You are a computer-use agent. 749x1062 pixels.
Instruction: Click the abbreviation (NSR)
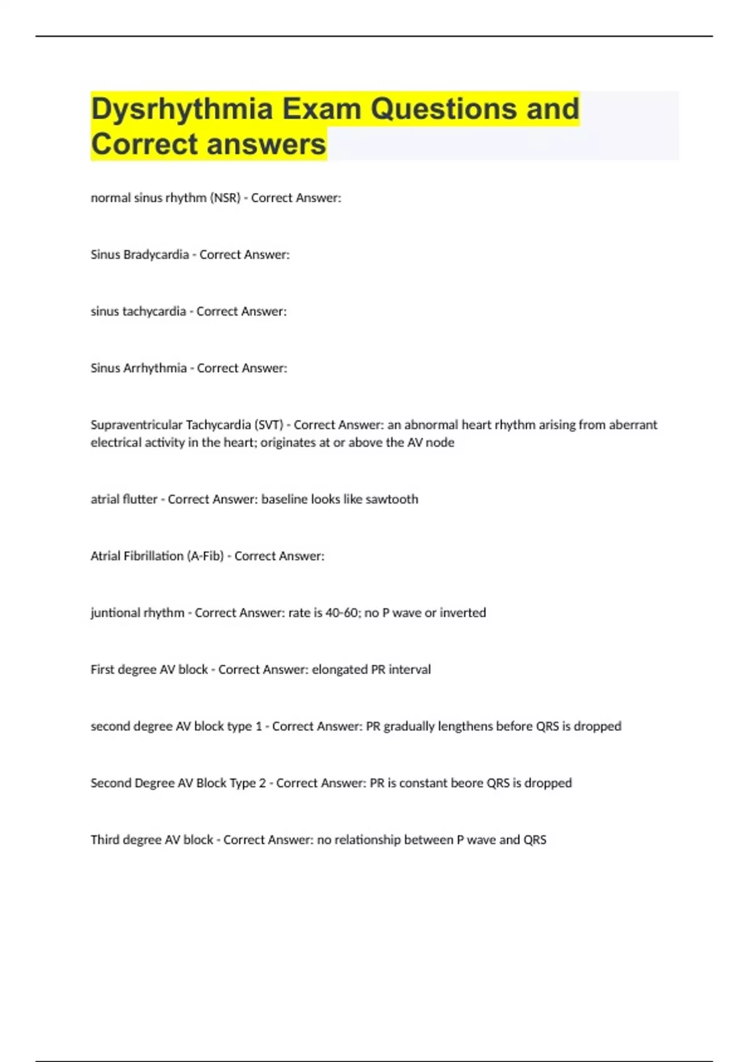[x=225, y=198]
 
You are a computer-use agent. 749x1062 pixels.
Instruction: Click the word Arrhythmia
[x=154, y=369]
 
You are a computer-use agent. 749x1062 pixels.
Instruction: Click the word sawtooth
[x=391, y=499]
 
